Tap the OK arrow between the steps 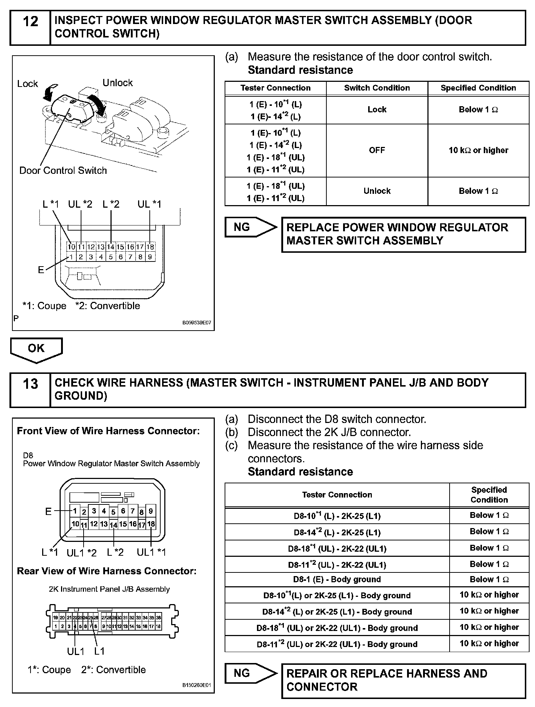pos(36,349)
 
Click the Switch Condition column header pos(377,88)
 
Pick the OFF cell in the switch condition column pos(377,151)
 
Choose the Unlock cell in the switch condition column pos(377,191)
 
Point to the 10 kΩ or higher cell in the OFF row pos(478,151)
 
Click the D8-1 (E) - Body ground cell pos(337,579)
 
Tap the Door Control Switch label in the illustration pos(63,171)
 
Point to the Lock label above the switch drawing pos(28,84)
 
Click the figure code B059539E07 pos(197,323)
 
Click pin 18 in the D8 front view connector pos(151,524)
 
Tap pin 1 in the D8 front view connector pos(75,511)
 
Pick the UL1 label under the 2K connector pos(76,651)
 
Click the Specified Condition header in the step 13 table pos(489,495)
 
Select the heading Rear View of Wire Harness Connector pos(107,571)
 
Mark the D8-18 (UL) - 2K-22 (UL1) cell pos(337,549)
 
